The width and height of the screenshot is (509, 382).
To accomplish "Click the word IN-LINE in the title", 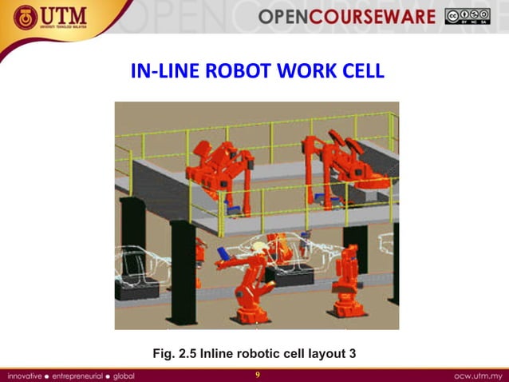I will click(164, 72).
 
